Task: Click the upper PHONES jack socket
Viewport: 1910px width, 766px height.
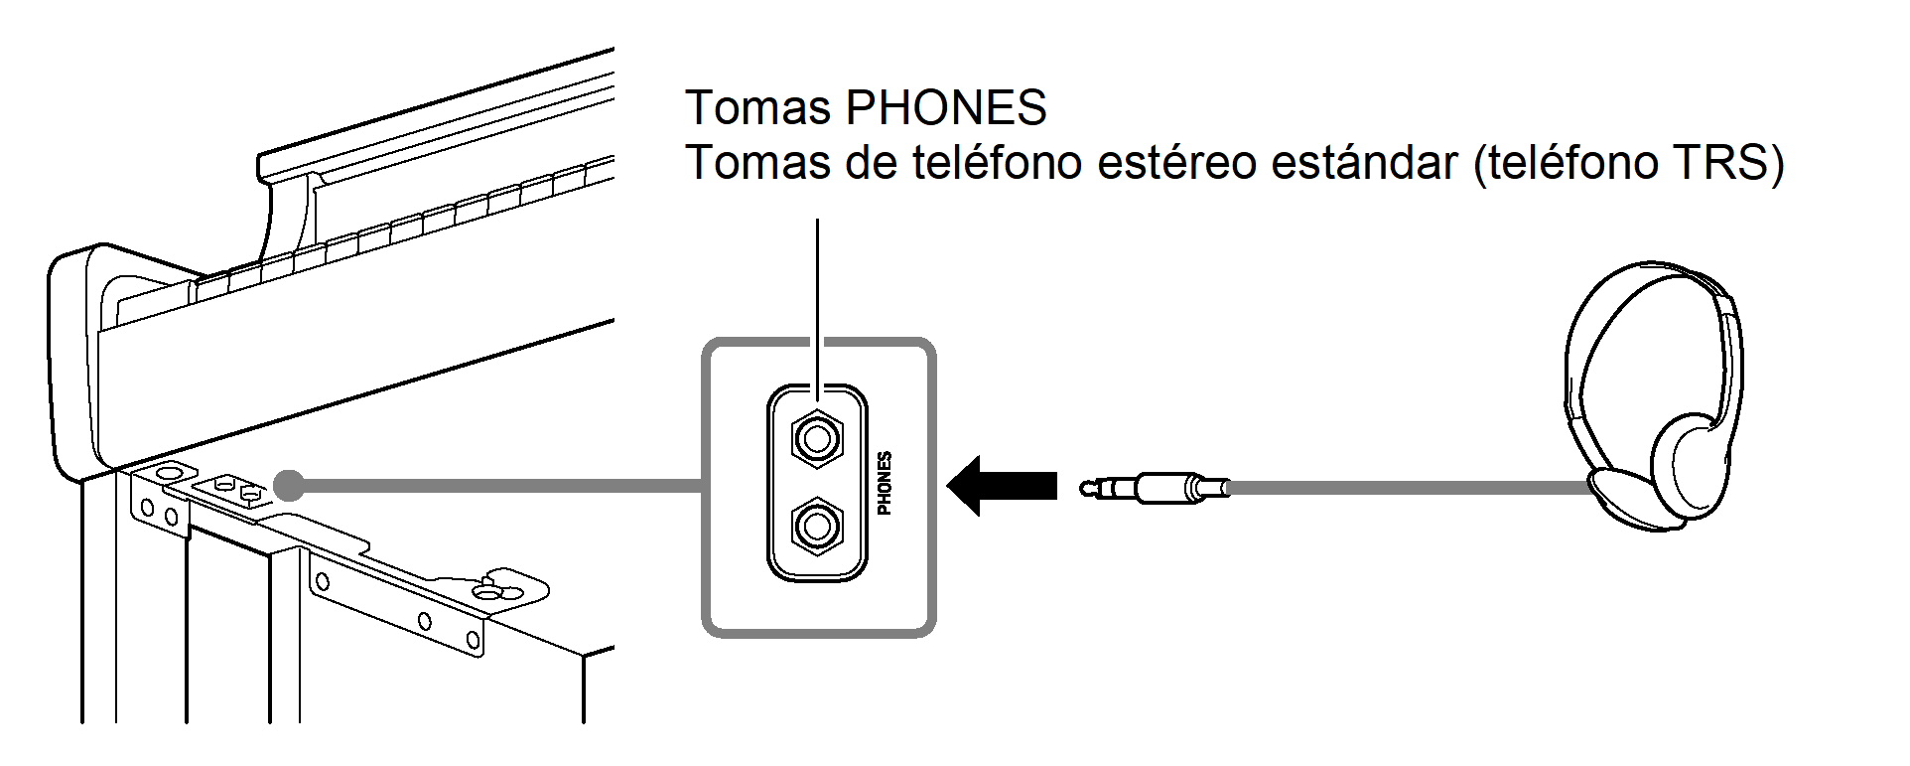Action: coord(816,436)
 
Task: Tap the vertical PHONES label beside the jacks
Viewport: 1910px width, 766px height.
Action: coord(885,483)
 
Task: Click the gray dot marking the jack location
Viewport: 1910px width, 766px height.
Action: coord(288,485)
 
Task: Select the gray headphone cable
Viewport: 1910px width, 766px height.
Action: coord(1410,488)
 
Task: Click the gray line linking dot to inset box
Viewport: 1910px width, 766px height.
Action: coord(496,486)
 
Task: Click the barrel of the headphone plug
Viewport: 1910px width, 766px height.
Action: coord(1171,488)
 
